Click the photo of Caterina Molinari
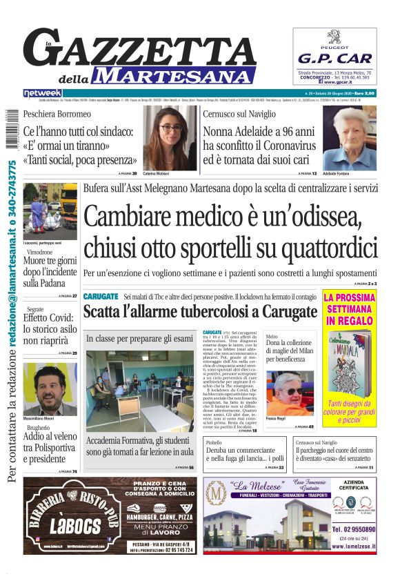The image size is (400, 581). click(x=169, y=137)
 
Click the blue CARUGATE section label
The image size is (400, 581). click(x=101, y=296)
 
